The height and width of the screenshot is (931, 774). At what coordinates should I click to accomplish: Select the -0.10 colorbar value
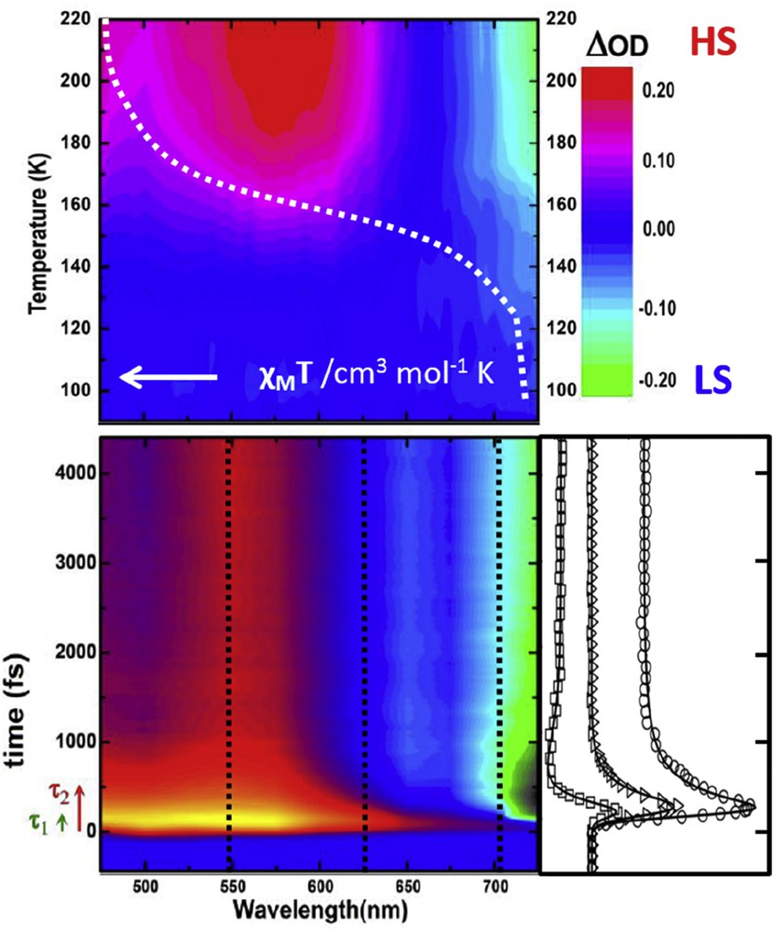pos(661,308)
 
